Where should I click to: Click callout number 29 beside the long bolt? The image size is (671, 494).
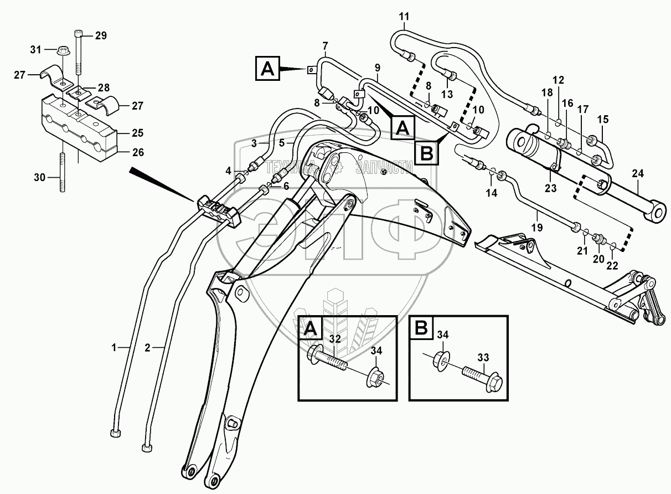pos(100,36)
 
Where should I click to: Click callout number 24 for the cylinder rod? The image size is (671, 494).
pos(638,174)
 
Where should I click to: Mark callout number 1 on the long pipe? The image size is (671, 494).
pos(114,348)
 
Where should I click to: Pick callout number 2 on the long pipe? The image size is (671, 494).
pos(147,348)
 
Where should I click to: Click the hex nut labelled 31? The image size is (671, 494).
pos(63,52)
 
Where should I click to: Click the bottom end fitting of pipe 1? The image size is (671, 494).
pos(116,434)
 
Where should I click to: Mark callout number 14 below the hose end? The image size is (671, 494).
pos(492,193)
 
